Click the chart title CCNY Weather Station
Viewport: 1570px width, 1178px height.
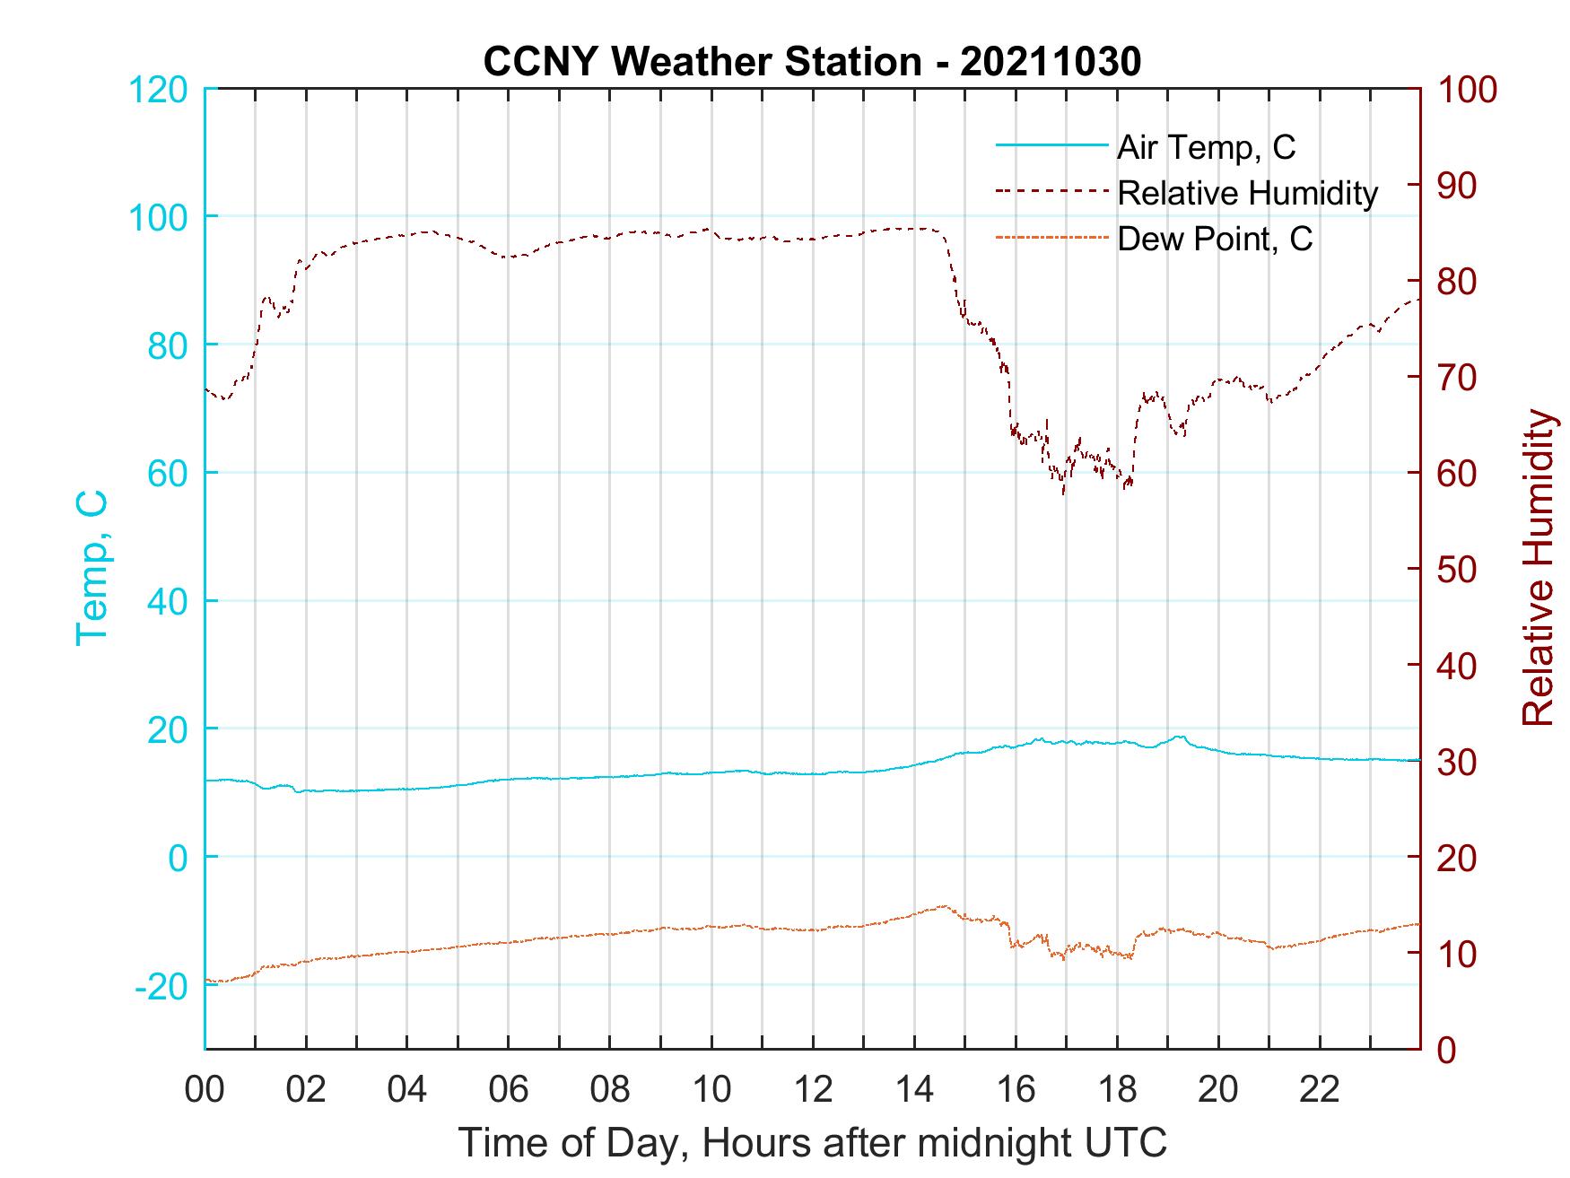(x=812, y=61)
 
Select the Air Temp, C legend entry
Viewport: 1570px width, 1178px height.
(x=1205, y=146)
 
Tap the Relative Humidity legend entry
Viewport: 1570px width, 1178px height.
(x=1246, y=193)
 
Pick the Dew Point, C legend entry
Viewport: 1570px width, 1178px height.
(x=1214, y=239)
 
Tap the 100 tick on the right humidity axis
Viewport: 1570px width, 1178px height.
(x=1467, y=90)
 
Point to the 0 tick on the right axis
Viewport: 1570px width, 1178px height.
(x=1445, y=1049)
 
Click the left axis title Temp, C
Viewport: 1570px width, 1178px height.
(x=92, y=568)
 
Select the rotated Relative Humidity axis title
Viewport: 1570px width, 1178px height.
(x=1538, y=568)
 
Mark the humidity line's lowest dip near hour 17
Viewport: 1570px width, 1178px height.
(x=1063, y=493)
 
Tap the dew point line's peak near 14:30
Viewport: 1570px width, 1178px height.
(x=944, y=906)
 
